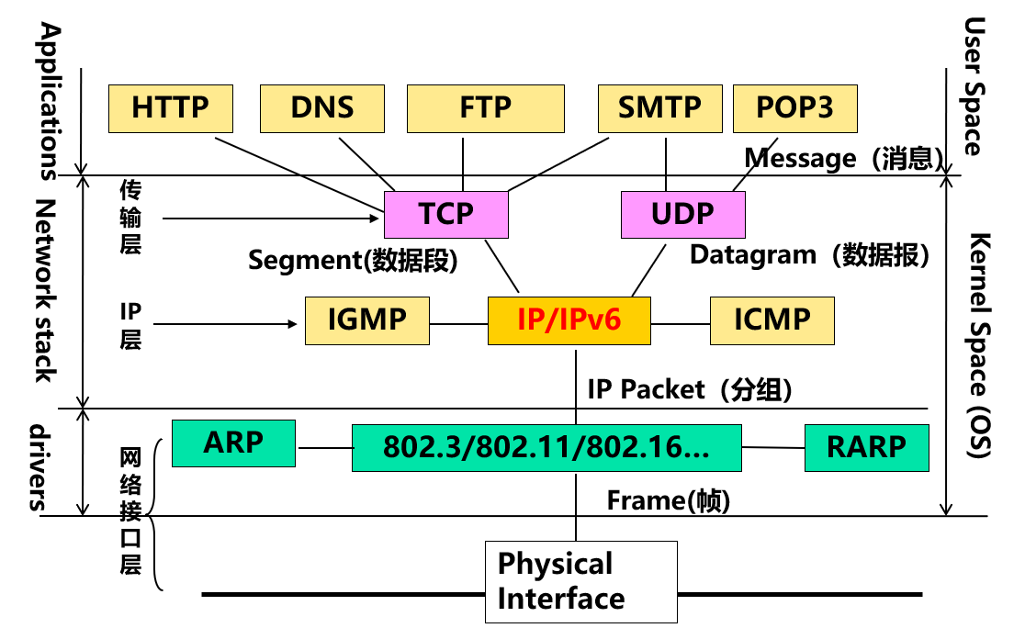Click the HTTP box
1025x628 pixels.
[171, 108]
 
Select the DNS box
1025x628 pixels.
[322, 108]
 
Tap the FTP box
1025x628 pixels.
[485, 108]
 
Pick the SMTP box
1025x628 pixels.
[659, 108]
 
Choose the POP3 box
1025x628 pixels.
[795, 108]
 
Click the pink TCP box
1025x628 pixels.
[445, 215]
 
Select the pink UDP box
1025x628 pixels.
[682, 215]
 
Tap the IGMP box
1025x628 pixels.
[366, 320]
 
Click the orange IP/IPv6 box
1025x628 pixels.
[569, 320]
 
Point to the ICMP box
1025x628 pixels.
[772, 320]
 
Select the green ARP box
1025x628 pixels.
[233, 443]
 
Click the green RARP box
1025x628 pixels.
[866, 446]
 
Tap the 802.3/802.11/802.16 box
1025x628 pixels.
[546, 448]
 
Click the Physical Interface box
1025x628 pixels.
[580, 581]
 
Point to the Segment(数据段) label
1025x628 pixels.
[353, 261]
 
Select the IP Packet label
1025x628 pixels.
[690, 389]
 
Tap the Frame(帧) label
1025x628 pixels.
[669, 501]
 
